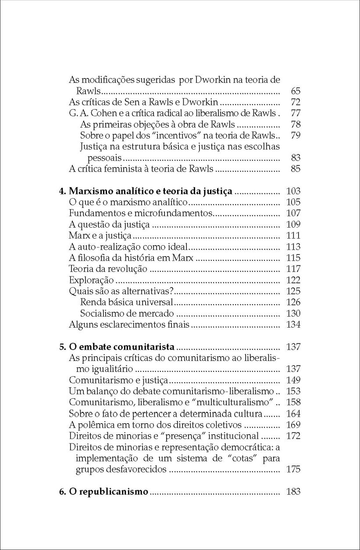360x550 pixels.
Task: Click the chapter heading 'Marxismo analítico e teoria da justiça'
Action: [x=151, y=191]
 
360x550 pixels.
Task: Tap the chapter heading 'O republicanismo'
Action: [x=108, y=492]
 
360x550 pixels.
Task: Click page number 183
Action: [x=293, y=492]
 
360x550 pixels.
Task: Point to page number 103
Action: [x=293, y=191]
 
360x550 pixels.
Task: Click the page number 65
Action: [x=295, y=91]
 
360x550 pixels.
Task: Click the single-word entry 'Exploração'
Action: [x=92, y=280]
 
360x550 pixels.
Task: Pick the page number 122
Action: [x=293, y=280]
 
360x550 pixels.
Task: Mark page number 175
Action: [x=293, y=469]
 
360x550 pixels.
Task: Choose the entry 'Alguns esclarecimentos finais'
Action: [x=129, y=325]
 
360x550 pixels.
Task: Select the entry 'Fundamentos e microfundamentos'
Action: [x=141, y=214]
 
